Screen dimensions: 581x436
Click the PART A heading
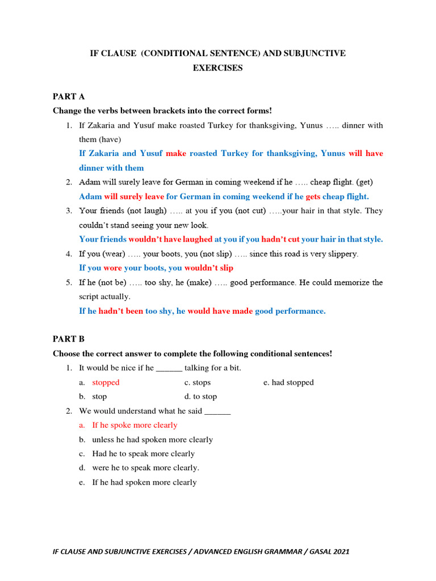coord(69,96)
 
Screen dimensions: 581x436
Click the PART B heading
coord(69,339)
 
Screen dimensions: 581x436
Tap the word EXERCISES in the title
coord(218,68)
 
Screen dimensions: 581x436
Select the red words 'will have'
coord(366,153)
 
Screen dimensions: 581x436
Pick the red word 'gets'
coord(313,196)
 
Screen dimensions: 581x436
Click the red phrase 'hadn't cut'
coord(280,239)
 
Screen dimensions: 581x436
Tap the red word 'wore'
coord(112,268)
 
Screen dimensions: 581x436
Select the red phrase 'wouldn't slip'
coord(208,268)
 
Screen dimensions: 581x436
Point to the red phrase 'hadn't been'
coord(121,311)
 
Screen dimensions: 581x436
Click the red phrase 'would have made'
coord(220,311)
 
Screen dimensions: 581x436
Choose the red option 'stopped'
coord(106,382)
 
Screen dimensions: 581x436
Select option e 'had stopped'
coord(292,382)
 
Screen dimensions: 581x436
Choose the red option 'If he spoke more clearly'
coord(135,425)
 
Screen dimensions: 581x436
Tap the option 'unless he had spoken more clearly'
coord(152,440)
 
